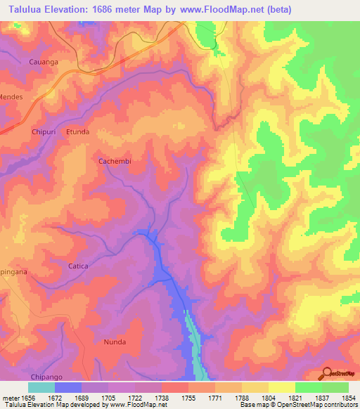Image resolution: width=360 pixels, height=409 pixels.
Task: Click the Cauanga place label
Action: coord(43,62)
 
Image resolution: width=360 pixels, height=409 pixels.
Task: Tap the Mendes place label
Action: coord(11,96)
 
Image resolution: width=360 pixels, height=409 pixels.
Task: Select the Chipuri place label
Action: coord(43,131)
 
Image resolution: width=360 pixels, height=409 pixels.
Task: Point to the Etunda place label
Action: coord(77,131)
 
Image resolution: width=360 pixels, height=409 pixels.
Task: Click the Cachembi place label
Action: coord(115,161)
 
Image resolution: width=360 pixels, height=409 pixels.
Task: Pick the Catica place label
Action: coord(78,266)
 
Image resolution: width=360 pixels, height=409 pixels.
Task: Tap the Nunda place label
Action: coord(115,342)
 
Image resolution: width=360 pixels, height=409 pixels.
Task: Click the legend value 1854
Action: coord(349,396)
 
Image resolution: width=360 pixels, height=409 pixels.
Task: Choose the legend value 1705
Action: coord(108,396)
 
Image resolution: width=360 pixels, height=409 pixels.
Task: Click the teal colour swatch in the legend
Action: coord(41,387)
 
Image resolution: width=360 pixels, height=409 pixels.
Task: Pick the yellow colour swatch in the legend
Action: coord(282,387)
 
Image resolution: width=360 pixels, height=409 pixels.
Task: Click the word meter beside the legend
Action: coord(11,396)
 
